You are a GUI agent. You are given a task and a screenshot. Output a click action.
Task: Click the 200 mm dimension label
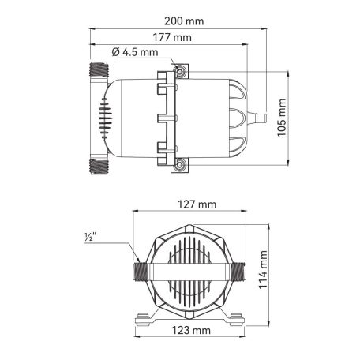pyautogui.click(x=184, y=21)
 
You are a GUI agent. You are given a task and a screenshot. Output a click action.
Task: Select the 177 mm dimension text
pyautogui.click(x=172, y=37)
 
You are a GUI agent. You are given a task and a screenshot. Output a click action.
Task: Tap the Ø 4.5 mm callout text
pyautogui.click(x=135, y=52)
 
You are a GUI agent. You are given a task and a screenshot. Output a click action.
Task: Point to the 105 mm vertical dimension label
pyautogui.click(x=282, y=118)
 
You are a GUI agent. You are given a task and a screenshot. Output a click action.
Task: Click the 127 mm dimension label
pyautogui.click(x=197, y=204)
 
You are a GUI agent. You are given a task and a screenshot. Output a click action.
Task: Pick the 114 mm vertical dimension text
pyautogui.click(x=263, y=270)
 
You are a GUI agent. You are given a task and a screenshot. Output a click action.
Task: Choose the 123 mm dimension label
pyautogui.click(x=191, y=330)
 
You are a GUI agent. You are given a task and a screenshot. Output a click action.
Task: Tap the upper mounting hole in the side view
pyautogui.click(x=179, y=71)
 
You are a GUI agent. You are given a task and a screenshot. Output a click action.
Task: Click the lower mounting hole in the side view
pyautogui.click(x=179, y=165)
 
